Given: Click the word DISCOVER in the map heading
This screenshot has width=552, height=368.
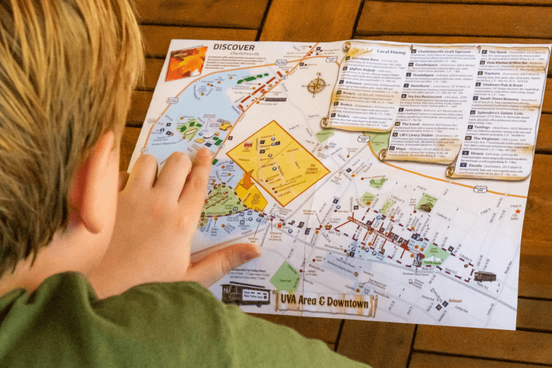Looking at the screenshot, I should point(233,47).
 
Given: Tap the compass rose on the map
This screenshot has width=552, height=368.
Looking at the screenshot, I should point(316,85).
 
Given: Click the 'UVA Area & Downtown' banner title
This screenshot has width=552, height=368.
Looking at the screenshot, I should point(324,302).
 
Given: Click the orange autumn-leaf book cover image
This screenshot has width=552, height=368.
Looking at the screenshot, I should point(187,62).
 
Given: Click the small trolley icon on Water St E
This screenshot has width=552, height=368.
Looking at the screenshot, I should point(485,276).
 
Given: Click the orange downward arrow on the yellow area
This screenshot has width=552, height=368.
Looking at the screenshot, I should point(247,179).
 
